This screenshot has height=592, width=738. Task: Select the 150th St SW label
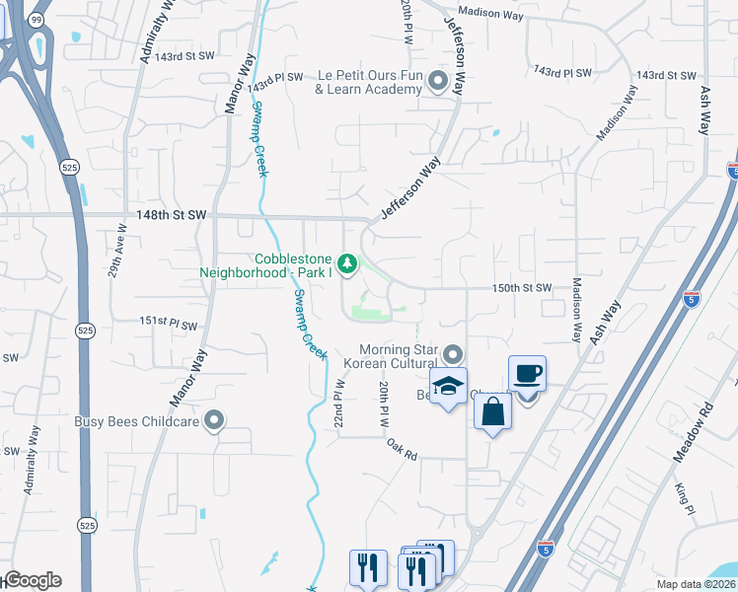coord(521,288)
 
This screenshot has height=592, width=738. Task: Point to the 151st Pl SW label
coord(168,323)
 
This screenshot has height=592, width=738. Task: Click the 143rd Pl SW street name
coord(273,76)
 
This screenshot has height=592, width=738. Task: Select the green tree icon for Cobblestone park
coord(346,263)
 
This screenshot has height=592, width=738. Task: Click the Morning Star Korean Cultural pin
coord(453,353)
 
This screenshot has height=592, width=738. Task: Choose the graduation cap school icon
coord(448,387)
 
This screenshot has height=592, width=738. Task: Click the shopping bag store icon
coord(492,411)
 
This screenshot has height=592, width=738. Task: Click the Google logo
coord(32,580)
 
